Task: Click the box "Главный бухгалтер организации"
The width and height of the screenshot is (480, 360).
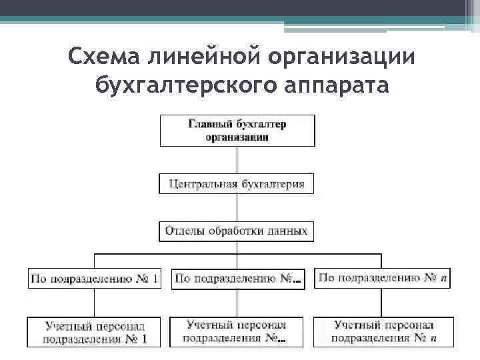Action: (x=237, y=130)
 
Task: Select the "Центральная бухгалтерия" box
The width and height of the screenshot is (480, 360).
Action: (x=237, y=183)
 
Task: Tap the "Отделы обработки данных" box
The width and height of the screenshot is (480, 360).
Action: (x=237, y=231)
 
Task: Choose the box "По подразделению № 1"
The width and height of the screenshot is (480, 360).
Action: (x=94, y=278)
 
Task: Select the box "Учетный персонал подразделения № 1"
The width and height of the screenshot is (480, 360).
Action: (x=94, y=332)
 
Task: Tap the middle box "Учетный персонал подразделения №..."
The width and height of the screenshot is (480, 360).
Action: (x=237, y=332)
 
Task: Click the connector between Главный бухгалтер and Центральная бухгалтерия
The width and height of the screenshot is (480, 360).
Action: (x=237, y=159)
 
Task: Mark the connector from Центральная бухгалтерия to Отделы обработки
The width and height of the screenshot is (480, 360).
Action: (x=237, y=207)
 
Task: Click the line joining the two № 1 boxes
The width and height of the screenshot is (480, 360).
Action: (x=94, y=303)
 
